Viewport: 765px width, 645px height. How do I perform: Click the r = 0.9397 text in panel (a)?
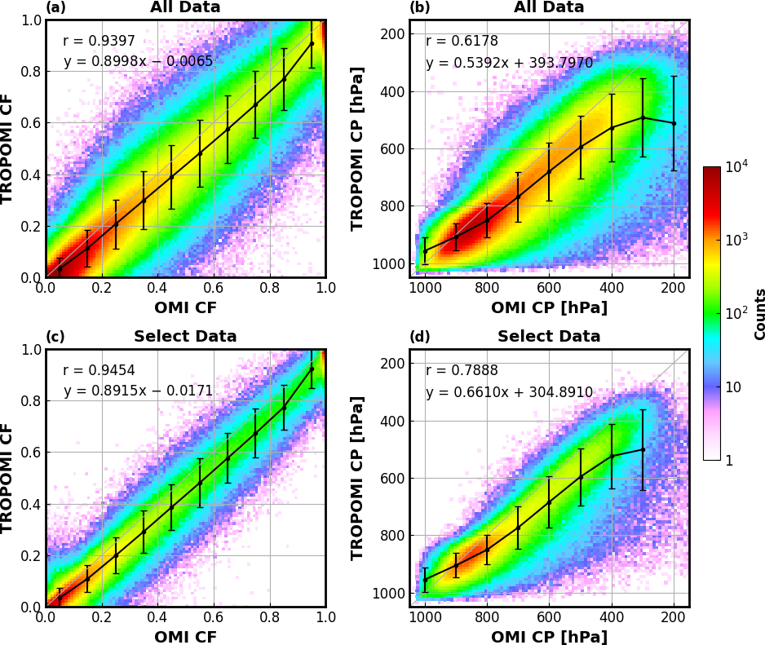99,42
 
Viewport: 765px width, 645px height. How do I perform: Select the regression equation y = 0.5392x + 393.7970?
509,64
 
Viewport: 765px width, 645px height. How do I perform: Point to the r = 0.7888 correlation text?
462,371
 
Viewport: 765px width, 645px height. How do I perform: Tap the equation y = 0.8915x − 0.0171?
138,391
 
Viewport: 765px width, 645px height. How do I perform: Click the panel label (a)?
55,8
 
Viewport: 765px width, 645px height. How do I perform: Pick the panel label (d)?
420,337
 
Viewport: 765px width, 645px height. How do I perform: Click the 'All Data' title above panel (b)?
549,7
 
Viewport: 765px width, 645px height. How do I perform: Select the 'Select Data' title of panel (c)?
185,337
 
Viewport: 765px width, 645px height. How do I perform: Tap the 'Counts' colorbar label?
760,314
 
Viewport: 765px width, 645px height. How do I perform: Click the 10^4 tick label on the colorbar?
736,167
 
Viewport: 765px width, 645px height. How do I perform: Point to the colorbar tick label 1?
728,461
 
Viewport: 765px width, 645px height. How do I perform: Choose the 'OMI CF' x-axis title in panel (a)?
185,308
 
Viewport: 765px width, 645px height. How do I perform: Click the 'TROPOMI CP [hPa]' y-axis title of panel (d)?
357,478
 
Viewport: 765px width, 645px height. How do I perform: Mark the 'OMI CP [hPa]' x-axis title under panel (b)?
549,308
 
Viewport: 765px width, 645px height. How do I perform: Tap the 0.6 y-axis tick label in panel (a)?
31,123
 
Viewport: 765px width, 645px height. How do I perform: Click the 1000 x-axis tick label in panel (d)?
424,619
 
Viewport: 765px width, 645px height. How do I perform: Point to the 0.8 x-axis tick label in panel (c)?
269,619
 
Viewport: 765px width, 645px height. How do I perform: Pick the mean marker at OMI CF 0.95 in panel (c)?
311,369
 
